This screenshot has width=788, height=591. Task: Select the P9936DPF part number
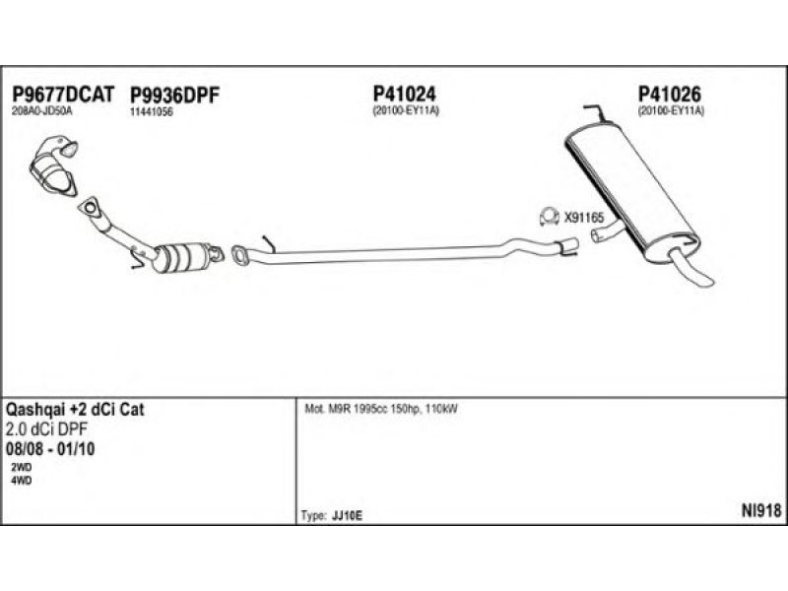coord(173,94)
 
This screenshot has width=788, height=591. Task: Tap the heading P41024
coord(404,94)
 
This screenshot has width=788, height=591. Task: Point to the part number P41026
coord(670,94)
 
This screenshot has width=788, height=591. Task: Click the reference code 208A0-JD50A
coord(42,111)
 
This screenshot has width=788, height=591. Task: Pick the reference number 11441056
coord(152,111)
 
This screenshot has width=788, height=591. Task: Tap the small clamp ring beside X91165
coord(547,215)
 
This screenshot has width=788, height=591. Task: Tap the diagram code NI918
coord(760,509)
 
